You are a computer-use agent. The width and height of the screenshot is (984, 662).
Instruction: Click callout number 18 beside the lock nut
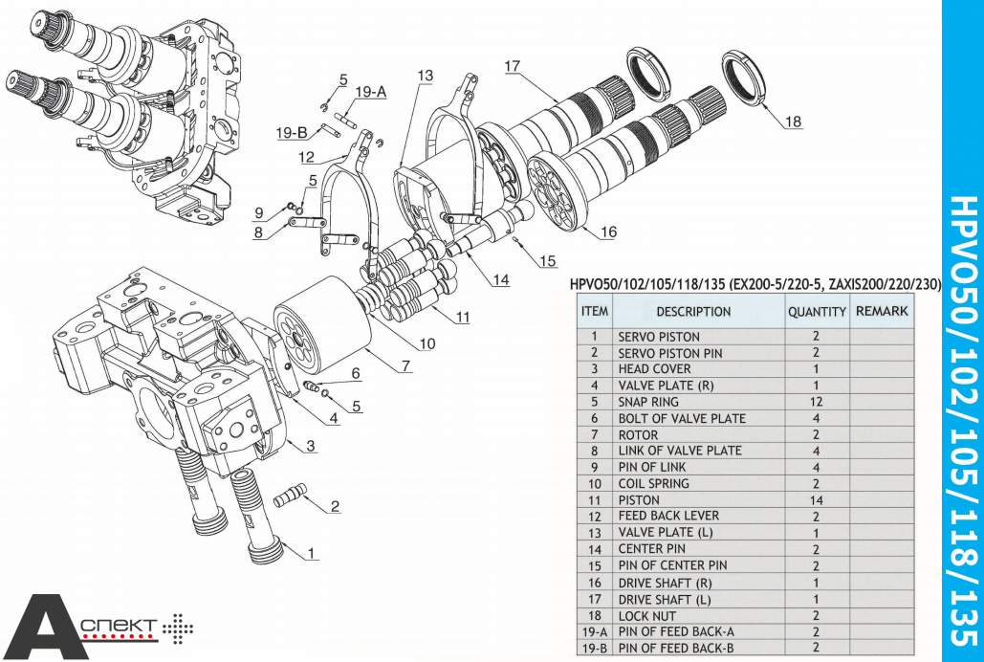[793, 121]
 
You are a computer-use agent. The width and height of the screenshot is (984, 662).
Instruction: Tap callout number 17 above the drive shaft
[513, 66]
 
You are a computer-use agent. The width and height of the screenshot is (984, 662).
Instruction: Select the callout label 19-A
[370, 92]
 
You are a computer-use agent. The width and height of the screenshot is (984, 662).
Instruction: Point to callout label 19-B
[292, 134]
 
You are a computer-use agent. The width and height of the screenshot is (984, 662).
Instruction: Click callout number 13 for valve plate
[425, 76]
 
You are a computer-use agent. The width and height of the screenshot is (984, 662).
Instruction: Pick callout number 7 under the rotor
[405, 365]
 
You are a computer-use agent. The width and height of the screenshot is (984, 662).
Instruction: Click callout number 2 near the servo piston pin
[335, 506]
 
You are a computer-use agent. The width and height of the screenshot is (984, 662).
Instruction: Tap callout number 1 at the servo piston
[311, 552]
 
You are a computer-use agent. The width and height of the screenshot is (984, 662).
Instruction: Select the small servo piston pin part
[291, 496]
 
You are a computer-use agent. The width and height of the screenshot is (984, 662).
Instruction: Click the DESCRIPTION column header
[693, 311]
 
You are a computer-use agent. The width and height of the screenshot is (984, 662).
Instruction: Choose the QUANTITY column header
[817, 311]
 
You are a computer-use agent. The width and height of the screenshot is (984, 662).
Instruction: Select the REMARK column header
[882, 311]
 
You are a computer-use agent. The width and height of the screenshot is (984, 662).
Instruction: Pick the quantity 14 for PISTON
[816, 499]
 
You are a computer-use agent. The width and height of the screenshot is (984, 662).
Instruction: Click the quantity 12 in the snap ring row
[816, 402]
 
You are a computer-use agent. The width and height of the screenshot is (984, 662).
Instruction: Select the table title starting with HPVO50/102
[754, 284]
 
